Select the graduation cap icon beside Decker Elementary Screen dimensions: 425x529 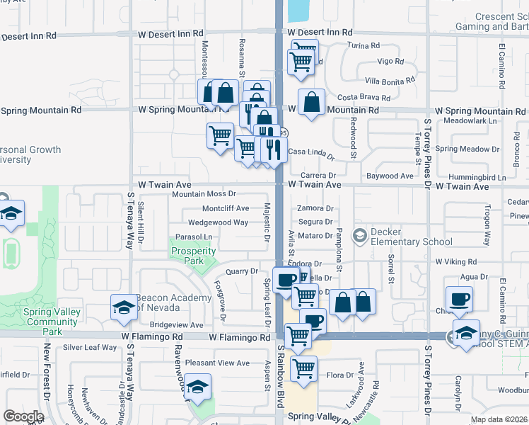[359, 235]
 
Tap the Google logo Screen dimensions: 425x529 [23, 416]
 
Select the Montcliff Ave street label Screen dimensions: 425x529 [226, 208]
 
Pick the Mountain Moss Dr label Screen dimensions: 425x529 [204, 193]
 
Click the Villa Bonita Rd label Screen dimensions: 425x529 [388, 79]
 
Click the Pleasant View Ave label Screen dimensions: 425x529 [217, 363]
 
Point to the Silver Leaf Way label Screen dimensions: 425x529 [90, 347]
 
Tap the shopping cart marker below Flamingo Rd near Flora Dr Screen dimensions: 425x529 [303, 368]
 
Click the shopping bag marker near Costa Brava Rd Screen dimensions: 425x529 [311, 102]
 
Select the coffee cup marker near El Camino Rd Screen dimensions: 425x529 [459, 299]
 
